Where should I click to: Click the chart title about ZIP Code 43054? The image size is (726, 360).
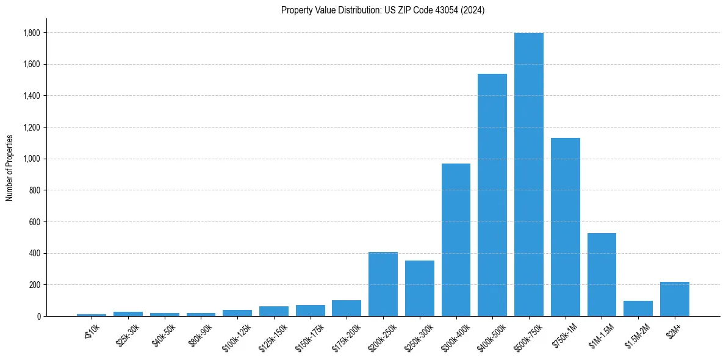pyautogui.click(x=383, y=10)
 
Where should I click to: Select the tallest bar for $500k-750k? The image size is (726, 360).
pyautogui.click(x=528, y=175)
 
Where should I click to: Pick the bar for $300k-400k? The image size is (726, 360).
pyautogui.click(x=456, y=240)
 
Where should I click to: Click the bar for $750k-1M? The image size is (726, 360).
pyautogui.click(x=565, y=227)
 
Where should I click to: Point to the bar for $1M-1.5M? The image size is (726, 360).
pyautogui.click(x=602, y=275)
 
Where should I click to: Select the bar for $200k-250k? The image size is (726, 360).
pyautogui.click(x=383, y=284)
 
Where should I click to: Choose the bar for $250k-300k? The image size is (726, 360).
pyautogui.click(x=420, y=288)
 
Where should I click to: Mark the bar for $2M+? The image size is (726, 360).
pyautogui.click(x=674, y=299)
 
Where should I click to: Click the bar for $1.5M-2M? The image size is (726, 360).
pyautogui.click(x=638, y=308)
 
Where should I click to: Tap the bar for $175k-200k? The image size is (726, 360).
pyautogui.click(x=347, y=308)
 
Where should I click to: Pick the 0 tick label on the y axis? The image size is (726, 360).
pyautogui.click(x=38, y=317)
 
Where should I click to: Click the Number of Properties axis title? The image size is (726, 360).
pyautogui.click(x=10, y=167)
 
